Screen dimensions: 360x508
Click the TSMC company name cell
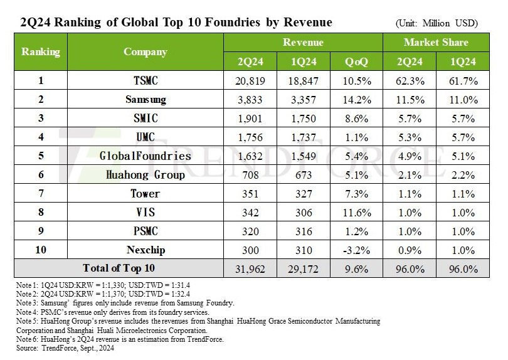[x=146, y=82]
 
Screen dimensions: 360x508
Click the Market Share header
[x=435, y=43]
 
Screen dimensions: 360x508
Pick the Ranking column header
[x=40, y=52]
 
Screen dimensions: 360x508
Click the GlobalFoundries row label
[x=146, y=156]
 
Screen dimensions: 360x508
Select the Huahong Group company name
[x=146, y=175]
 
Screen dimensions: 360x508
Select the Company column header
[x=146, y=52]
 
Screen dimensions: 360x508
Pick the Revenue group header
[x=303, y=43]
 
